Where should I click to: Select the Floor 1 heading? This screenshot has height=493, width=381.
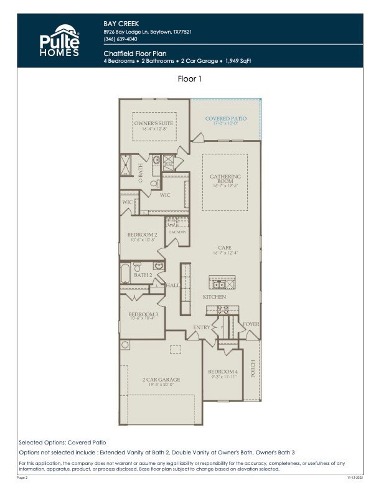click(190, 79)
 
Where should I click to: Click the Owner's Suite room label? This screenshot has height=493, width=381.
click(154, 123)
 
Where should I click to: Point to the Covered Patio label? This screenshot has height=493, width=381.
click(226, 118)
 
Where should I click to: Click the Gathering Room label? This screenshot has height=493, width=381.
click(225, 179)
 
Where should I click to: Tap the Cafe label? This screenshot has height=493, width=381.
click(225, 248)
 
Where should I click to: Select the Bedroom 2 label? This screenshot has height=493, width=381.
click(142, 235)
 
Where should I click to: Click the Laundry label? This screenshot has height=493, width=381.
click(177, 232)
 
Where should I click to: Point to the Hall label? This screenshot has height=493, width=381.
click(172, 285)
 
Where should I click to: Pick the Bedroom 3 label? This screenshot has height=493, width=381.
click(143, 315)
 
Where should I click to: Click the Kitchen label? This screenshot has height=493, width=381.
click(215, 297)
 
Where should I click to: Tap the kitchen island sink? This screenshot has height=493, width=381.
click(220, 284)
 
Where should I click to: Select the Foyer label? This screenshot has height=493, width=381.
click(251, 324)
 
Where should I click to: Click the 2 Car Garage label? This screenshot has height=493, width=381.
click(161, 380)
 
